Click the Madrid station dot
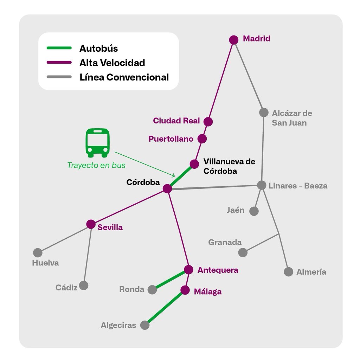(234, 40)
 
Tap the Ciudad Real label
(176, 121)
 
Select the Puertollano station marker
(202, 139)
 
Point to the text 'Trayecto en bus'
(96, 165)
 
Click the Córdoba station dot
(167, 189)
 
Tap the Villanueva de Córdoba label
(229, 167)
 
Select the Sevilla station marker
(91, 224)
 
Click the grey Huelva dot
(38, 252)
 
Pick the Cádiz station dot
(84, 285)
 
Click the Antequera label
(218, 270)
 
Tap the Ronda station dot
(152, 290)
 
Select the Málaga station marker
(185, 290)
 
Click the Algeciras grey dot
(144, 325)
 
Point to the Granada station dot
(243, 252)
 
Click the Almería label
(311, 272)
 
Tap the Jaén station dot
(254, 211)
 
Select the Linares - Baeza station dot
(262, 185)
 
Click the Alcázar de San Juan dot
(264, 112)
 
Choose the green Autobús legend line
(59, 48)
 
